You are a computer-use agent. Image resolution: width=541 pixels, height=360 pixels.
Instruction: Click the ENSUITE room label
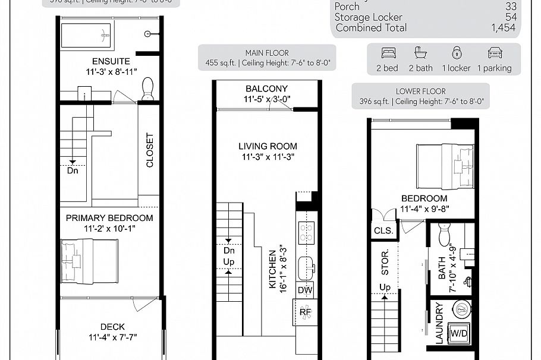(x=111, y=61)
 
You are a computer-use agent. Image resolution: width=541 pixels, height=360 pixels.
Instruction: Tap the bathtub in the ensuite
(x=86, y=36)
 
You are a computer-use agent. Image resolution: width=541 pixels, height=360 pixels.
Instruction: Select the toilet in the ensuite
(x=147, y=89)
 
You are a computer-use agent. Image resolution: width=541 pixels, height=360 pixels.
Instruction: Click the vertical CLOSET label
(x=149, y=150)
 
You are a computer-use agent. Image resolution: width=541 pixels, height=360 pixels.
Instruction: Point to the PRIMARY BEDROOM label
(x=109, y=218)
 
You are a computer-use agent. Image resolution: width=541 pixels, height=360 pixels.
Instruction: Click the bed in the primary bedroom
(x=89, y=261)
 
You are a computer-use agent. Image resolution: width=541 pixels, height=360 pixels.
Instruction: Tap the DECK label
(x=112, y=327)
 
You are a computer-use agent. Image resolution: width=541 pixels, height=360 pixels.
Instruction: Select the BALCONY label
(x=266, y=89)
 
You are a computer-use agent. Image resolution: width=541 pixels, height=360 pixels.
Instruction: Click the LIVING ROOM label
(x=268, y=146)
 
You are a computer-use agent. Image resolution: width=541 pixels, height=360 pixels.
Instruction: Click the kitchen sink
(x=306, y=267)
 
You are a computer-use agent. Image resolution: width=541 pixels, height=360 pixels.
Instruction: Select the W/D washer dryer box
(x=458, y=333)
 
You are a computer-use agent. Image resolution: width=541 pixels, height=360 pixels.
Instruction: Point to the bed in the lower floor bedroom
(x=445, y=166)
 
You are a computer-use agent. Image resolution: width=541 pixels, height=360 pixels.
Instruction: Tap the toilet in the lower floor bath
(x=444, y=235)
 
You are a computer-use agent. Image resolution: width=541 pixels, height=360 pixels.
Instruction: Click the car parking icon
(x=495, y=52)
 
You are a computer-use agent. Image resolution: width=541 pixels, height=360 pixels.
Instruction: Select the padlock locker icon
(x=457, y=52)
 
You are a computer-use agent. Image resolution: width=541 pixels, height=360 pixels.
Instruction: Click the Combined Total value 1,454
(x=504, y=28)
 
